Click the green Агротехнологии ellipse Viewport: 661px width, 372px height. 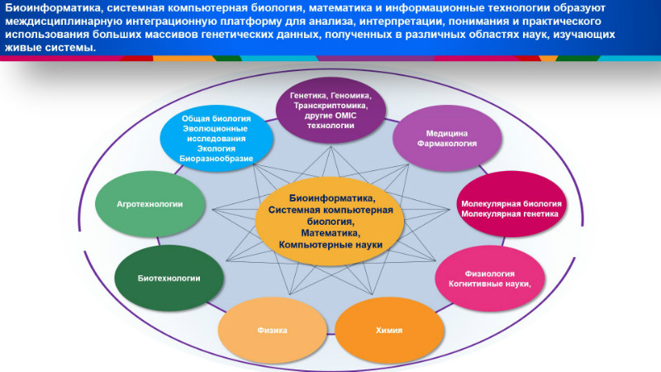coord(150,204)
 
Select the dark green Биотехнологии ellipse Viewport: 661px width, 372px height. coord(169,279)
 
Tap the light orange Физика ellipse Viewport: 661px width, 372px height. coord(273,330)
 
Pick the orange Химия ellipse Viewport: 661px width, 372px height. coord(389,330)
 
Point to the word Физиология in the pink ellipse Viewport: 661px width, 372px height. coord(489,274)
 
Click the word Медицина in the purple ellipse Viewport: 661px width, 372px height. coord(447,133)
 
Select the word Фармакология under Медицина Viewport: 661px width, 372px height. coord(447,143)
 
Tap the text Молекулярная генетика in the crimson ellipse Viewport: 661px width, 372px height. coord(510,214)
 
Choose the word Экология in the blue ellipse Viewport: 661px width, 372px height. coord(216,149)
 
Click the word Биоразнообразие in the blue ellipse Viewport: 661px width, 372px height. coord(216,159)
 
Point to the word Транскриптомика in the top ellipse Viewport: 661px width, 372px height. coord(331,106)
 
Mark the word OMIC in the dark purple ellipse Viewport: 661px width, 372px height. coord(345,116)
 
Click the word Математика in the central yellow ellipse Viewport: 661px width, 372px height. coord(330,233)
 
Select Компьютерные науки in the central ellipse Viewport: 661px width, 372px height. coord(330,245)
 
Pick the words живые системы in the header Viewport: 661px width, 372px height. coord(50,48)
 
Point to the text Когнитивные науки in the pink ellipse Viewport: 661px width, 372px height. coord(489,284)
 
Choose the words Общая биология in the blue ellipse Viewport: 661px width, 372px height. coord(216,118)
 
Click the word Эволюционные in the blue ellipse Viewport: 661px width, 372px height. coord(215,129)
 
